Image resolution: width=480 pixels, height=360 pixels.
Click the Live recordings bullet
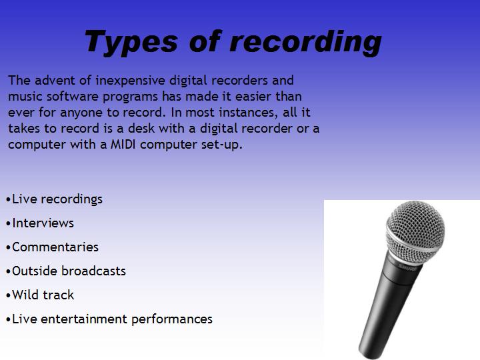click(x=57, y=199)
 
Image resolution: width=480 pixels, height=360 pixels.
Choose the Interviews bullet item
click(x=43, y=223)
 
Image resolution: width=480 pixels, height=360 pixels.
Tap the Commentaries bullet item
click(x=55, y=247)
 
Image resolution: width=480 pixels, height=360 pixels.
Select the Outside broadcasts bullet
click(x=69, y=271)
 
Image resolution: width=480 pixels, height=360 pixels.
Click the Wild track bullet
click(x=43, y=295)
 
